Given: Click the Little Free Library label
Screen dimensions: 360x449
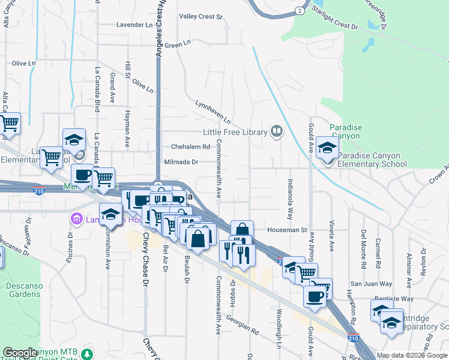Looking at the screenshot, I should coord(234,132).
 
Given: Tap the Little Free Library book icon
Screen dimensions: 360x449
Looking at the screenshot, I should coord(276,130).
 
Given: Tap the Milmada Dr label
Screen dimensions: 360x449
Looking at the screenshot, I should coord(181,162).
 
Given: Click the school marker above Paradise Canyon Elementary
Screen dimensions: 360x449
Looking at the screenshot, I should coord(328,148).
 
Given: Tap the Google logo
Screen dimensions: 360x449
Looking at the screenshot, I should coord(20,353).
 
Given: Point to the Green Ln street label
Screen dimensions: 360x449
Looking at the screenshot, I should coord(177,45).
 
